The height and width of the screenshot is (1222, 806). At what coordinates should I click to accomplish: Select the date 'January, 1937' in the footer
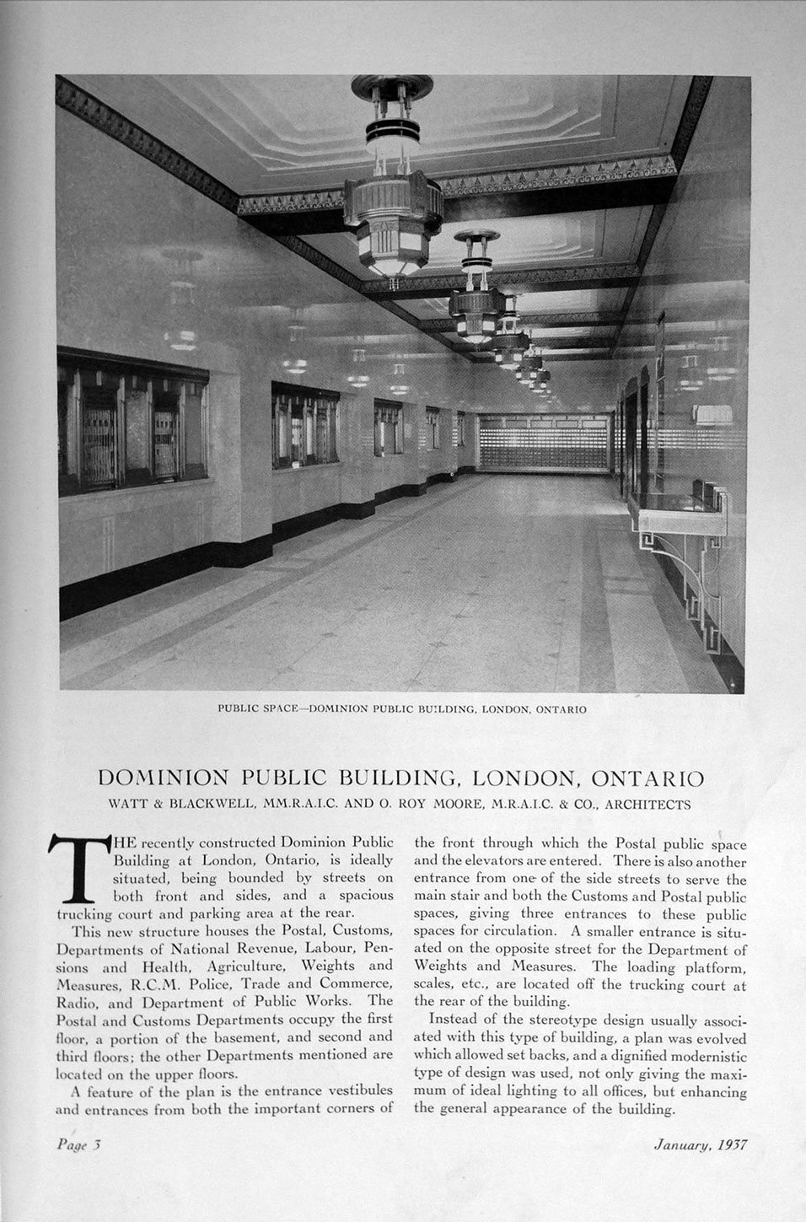pyautogui.click(x=700, y=1144)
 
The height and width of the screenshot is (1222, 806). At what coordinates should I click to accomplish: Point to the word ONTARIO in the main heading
pyautogui.click(x=648, y=777)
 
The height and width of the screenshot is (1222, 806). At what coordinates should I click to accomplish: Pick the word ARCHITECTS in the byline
pyautogui.click(x=648, y=804)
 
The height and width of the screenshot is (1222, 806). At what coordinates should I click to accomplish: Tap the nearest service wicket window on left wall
pyautogui.click(x=132, y=422)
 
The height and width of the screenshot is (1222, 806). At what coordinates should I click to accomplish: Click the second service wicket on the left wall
pyautogui.click(x=304, y=426)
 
